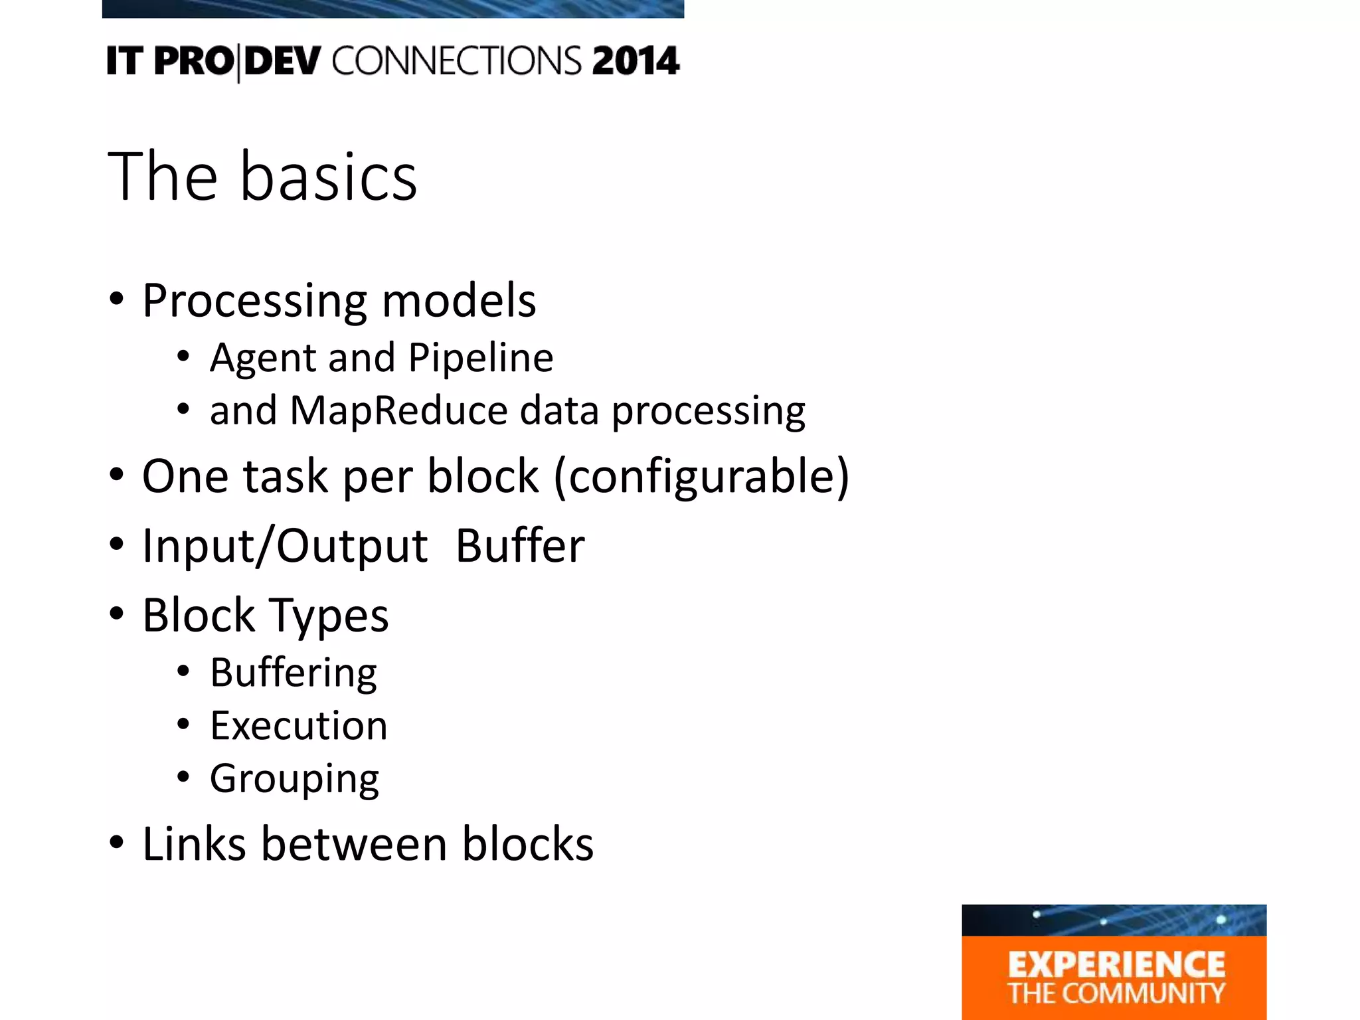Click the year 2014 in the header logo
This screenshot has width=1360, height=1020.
click(x=636, y=61)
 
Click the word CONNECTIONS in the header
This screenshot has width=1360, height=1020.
click(x=457, y=61)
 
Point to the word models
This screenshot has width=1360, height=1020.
click(x=459, y=301)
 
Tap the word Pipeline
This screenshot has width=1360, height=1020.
click(x=481, y=359)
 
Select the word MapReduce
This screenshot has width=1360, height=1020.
click(x=398, y=410)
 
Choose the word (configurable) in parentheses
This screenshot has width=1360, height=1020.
click(x=701, y=477)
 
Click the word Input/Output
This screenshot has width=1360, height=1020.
click(x=285, y=546)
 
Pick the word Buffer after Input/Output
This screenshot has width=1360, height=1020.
click(x=520, y=546)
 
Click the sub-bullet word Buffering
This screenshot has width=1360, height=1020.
click(x=294, y=673)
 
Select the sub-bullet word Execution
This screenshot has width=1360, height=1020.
click(x=299, y=725)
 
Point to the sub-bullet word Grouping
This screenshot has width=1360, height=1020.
click(x=294, y=780)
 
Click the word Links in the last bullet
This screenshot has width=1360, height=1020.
click(x=195, y=844)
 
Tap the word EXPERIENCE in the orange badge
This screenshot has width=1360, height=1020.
click(x=1116, y=965)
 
